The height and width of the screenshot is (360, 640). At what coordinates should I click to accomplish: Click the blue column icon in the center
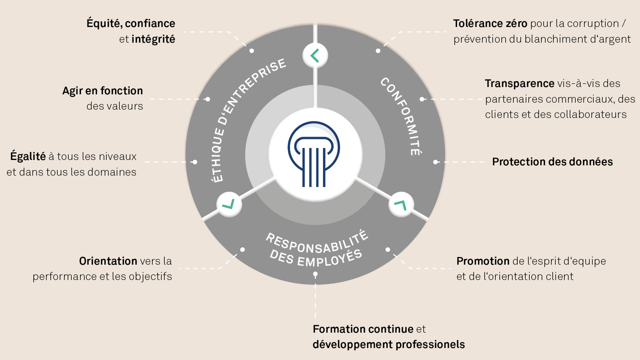(313, 154)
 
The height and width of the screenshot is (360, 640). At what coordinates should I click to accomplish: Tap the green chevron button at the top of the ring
(315, 55)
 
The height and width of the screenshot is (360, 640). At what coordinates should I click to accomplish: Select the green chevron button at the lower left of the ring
(229, 204)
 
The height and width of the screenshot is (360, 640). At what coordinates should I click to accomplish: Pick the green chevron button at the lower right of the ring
(401, 204)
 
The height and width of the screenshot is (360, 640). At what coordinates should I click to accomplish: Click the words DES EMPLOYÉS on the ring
(315, 258)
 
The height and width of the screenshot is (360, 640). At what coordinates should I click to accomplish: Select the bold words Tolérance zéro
(490, 23)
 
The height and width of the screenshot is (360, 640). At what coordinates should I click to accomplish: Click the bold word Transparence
(519, 83)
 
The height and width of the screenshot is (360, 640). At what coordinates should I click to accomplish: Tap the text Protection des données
(552, 161)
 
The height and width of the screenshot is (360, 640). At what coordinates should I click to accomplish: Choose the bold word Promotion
(483, 261)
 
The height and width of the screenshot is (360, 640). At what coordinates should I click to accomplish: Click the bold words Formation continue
(363, 329)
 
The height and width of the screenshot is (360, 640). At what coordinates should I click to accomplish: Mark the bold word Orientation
(108, 261)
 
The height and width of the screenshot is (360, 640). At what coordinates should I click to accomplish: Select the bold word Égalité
(27, 156)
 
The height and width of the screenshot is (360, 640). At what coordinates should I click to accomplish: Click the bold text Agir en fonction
(102, 91)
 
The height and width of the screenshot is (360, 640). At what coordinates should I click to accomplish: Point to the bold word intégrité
(153, 39)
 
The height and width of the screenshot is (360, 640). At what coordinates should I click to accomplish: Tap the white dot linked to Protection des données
(435, 162)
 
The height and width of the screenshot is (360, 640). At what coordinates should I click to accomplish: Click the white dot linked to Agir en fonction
(207, 99)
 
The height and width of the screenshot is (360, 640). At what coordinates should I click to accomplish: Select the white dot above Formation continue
(315, 274)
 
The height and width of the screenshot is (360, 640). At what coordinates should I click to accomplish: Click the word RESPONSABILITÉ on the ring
(317, 243)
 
